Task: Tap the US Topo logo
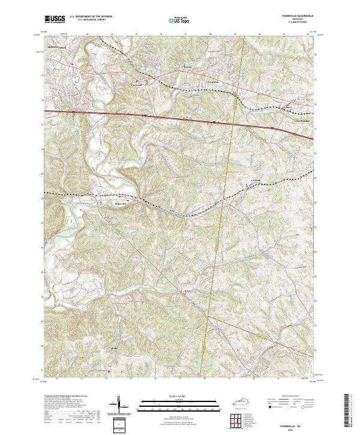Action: [178, 20]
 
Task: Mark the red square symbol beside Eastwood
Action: [136, 80]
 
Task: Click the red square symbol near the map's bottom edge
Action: [109, 371]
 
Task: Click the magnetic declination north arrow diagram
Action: [119, 408]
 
